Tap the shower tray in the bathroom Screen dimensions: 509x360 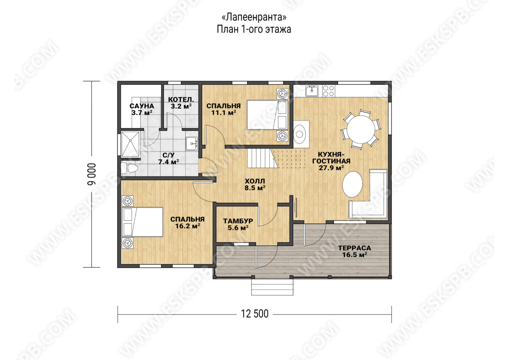(130, 144)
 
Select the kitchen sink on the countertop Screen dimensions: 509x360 (312, 91)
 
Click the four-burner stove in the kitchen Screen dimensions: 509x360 (328, 91)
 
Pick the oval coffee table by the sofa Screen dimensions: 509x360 (352, 184)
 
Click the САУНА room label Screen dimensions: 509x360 (142, 106)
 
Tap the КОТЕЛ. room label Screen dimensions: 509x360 (181, 100)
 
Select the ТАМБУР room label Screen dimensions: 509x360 (238, 221)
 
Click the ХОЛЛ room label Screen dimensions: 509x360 (255, 181)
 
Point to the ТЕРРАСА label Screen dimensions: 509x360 (355, 248)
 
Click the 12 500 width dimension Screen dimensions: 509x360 (255, 314)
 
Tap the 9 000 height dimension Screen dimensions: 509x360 (92, 174)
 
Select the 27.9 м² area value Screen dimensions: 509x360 (331, 168)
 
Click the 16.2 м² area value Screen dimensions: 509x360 (187, 226)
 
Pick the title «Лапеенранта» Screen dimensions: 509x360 (254, 17)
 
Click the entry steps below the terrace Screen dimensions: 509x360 (272, 287)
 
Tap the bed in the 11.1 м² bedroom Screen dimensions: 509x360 (268, 115)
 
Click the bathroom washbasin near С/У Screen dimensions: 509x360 (192, 143)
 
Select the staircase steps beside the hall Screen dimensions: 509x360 (261, 158)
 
